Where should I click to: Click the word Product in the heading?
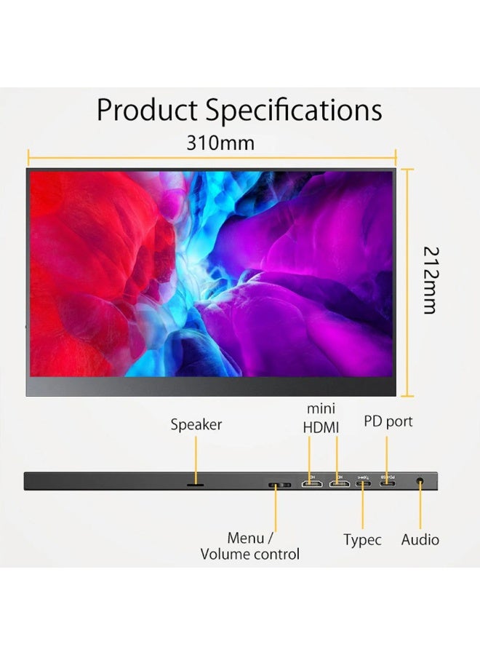[x=146, y=110]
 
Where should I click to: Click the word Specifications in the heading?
[x=293, y=111]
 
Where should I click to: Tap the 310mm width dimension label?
[x=220, y=143]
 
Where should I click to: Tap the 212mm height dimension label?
[x=431, y=280]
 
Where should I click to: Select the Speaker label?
[x=196, y=425]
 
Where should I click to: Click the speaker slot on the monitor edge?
[x=196, y=485]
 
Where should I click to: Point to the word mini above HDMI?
[x=321, y=408]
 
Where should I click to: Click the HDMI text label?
[x=321, y=428]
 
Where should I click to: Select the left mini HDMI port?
[x=312, y=484]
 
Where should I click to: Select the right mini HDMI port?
[x=340, y=484]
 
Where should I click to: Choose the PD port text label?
[x=388, y=421]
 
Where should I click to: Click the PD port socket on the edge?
[x=388, y=484]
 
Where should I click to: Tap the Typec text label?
[x=362, y=540]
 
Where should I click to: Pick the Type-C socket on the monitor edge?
[x=363, y=484]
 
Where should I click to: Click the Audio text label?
[x=420, y=540]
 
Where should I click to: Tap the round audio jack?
[x=420, y=481]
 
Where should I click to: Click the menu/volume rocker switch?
[x=279, y=485]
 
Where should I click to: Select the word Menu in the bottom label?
[x=245, y=538]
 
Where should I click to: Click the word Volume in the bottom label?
[x=223, y=555]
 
